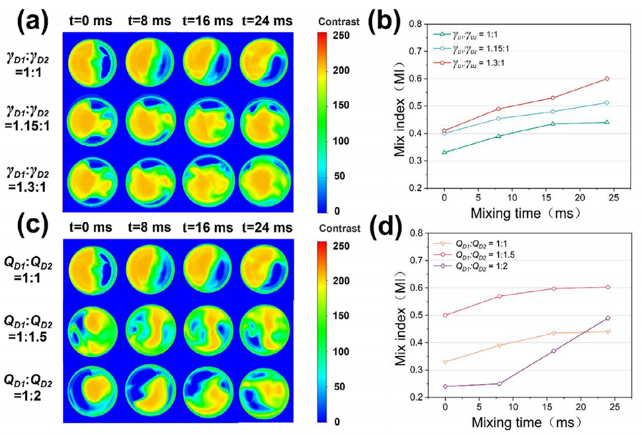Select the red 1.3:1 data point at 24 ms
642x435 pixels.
(606, 79)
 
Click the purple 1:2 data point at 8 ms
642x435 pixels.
(498, 384)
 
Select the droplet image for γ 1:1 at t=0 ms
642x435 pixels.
(96, 65)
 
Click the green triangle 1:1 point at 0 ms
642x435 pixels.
(444, 153)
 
